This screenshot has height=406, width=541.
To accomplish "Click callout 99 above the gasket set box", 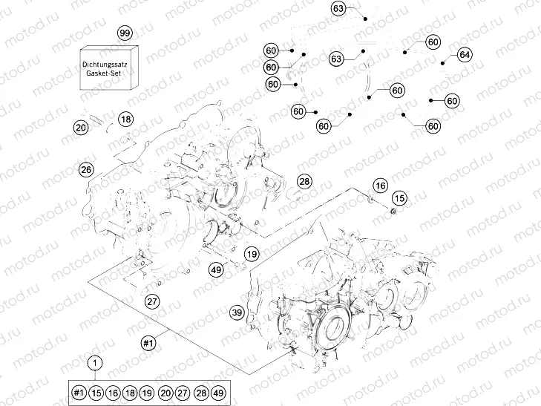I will [125, 33].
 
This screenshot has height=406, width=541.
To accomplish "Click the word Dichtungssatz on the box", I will [108, 67].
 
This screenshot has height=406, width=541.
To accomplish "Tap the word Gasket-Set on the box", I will [108, 76].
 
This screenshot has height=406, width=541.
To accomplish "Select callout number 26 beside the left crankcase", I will [86, 170].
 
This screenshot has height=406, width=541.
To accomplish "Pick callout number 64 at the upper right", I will [465, 55].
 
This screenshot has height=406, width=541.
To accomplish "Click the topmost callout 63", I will [338, 9].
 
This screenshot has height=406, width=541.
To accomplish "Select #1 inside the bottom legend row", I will [79, 393].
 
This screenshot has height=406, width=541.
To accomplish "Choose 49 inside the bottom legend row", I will [218, 393].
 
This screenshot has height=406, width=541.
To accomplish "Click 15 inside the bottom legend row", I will [96, 393].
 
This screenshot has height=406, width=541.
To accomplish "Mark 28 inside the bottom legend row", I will [200, 393].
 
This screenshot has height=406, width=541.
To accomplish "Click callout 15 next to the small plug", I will [399, 198].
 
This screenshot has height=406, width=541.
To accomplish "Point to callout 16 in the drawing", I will [380, 185].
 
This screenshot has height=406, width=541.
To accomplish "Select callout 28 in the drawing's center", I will [305, 181].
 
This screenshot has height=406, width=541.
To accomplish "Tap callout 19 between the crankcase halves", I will [252, 254].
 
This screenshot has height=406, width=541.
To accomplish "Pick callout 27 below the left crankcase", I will [152, 301].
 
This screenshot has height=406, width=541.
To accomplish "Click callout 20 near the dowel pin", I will [81, 128].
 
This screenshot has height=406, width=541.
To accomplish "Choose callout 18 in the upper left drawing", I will [126, 119].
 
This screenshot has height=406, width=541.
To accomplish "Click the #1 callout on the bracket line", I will [148, 343].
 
